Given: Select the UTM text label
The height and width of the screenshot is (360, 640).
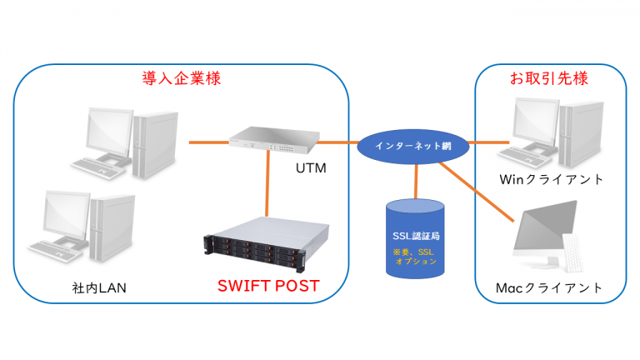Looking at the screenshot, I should point(312,169).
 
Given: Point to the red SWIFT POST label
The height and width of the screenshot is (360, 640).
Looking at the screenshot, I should point(268,286).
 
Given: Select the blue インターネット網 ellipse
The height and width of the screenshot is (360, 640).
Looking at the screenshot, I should point(413,146).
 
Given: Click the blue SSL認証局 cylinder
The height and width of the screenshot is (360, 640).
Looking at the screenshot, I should point(414,237).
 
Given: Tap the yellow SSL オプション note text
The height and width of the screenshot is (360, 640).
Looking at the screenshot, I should point(414,256).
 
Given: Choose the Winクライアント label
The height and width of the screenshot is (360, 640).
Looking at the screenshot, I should point(550,179).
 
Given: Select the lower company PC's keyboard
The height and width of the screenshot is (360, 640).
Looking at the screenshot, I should point(56,249).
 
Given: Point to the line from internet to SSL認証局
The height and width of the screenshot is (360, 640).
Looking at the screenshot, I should point(414,179).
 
